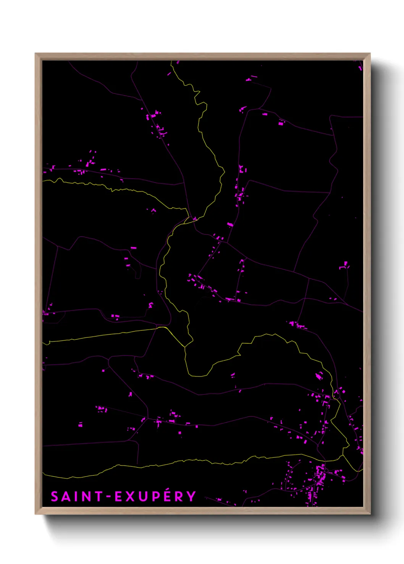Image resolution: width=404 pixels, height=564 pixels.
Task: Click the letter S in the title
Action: (55, 497)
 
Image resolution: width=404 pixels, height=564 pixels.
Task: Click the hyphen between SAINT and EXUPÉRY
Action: (108, 497)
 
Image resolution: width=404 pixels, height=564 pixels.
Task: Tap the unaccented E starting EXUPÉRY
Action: (119, 497)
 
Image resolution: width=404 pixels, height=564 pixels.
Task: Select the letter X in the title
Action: (131, 497)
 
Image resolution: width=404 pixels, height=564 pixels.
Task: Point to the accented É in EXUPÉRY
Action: (167, 497)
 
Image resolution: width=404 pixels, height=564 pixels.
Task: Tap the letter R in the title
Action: (179, 497)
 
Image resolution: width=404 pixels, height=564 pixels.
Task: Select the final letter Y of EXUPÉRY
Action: (191, 497)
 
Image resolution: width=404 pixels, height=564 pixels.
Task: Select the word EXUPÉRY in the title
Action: (155, 497)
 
